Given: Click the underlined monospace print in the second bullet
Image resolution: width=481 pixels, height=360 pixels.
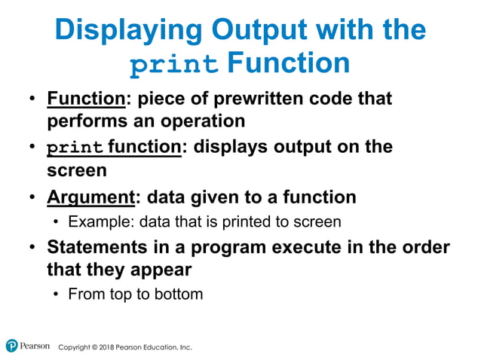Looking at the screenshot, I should [75, 147].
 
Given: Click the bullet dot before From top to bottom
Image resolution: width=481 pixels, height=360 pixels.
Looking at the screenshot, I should [57, 294].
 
